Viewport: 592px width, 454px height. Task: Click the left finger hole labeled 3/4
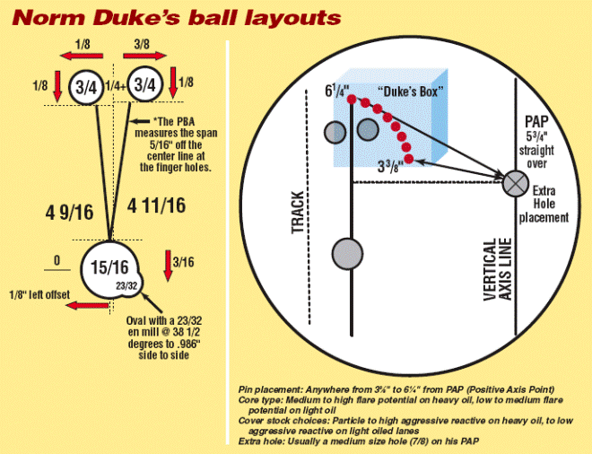click(87, 86)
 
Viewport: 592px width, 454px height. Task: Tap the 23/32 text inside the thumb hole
click(126, 284)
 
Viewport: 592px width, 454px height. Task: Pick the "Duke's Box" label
click(408, 91)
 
